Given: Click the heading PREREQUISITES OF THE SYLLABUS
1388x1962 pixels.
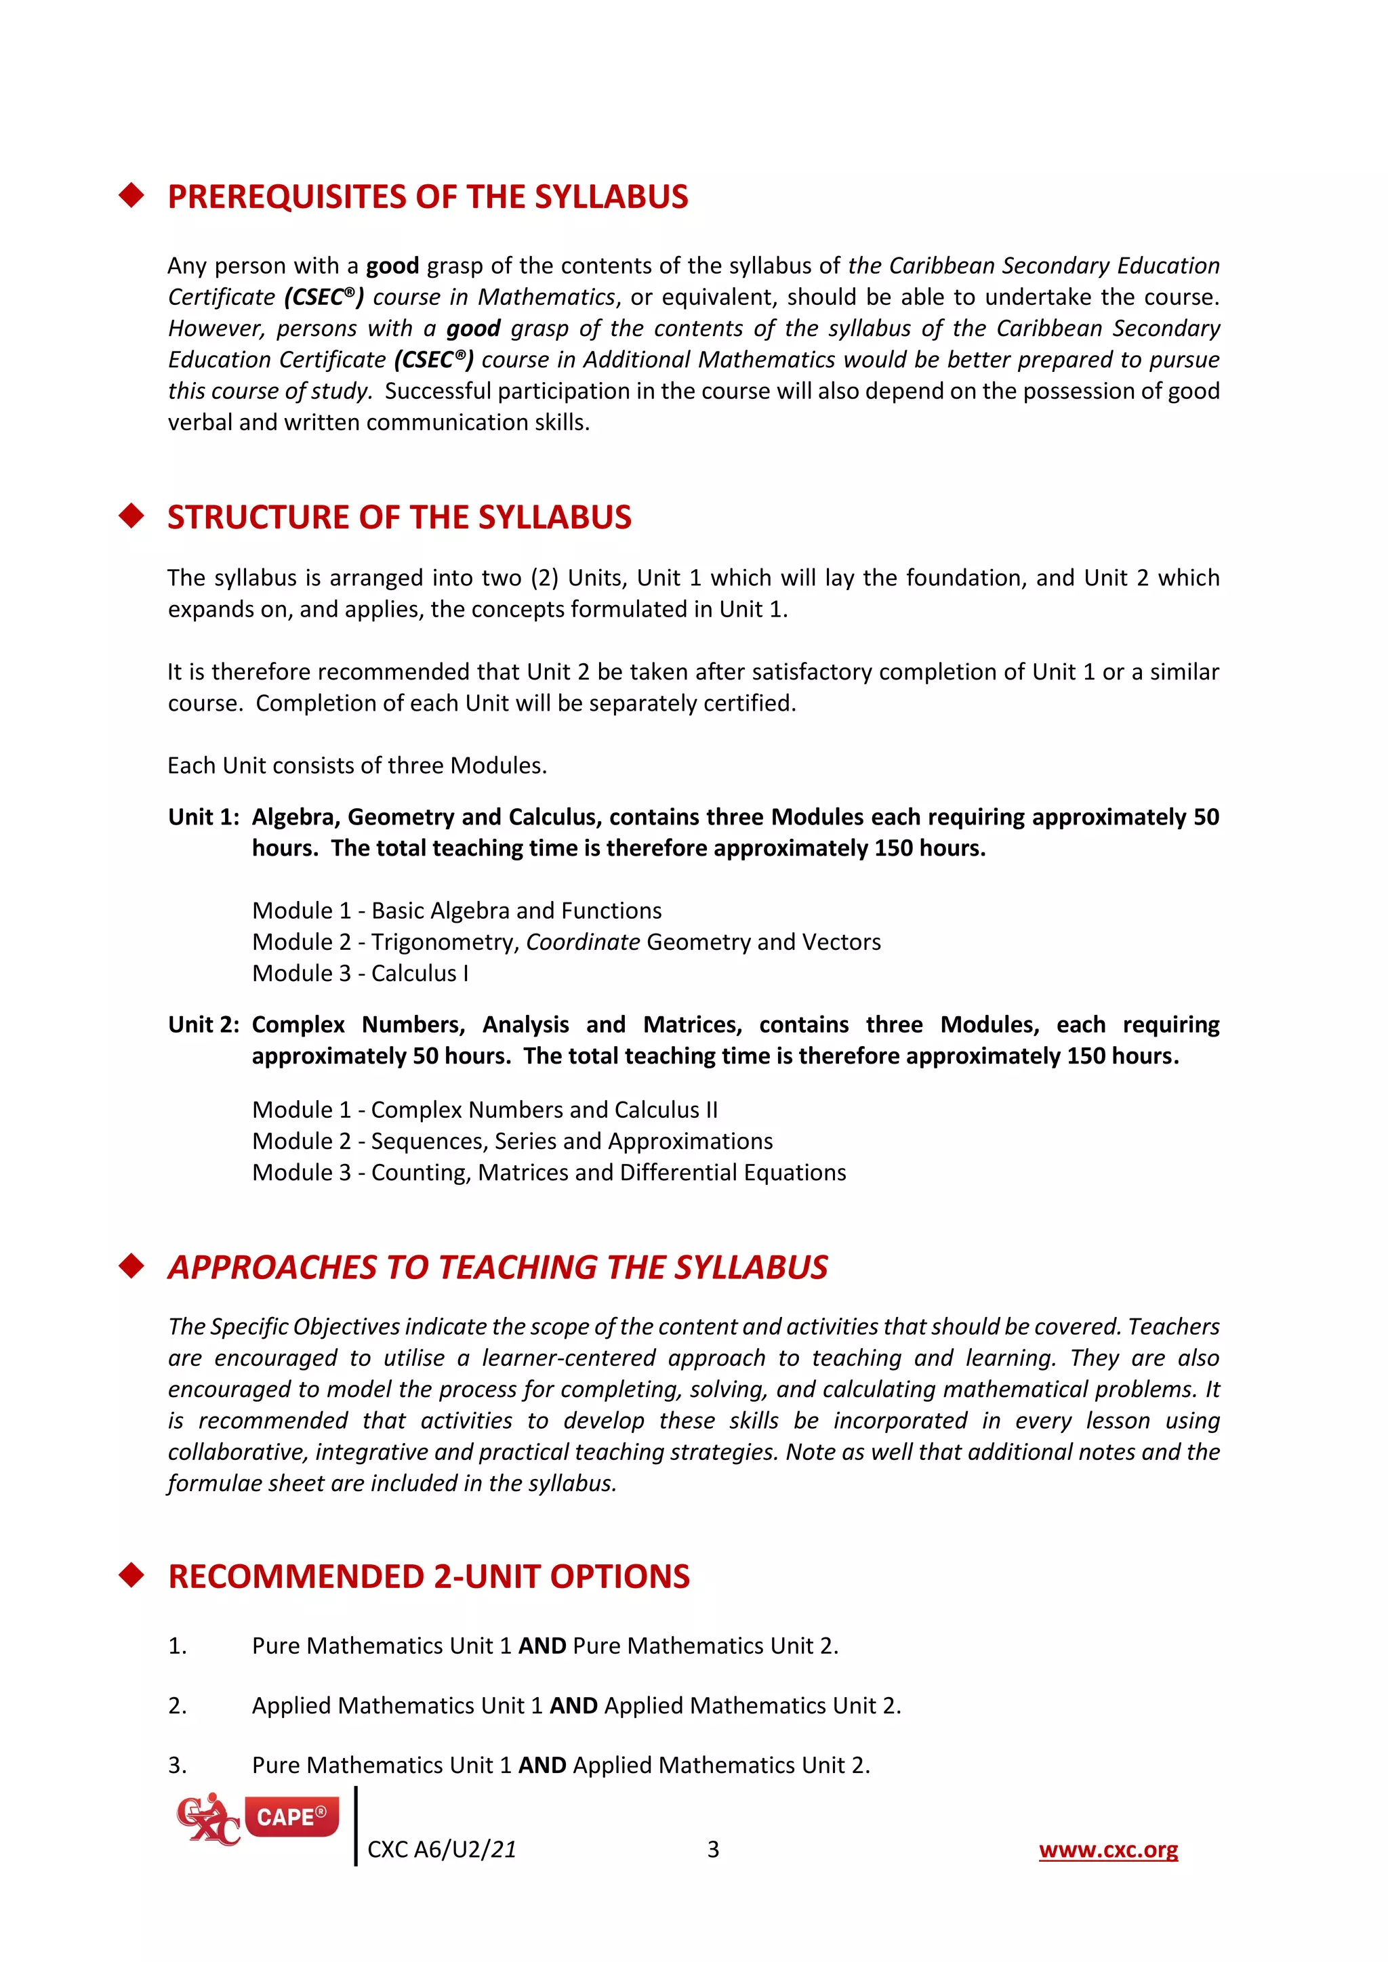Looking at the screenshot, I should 428,196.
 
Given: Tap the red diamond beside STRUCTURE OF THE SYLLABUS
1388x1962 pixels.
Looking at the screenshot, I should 131,516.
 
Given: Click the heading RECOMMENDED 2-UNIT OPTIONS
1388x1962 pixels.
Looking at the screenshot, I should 428,1576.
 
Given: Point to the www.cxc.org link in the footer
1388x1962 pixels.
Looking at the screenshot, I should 1107,1850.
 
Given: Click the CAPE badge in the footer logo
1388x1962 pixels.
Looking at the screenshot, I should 291,1817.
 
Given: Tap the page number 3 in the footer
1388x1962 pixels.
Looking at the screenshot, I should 713,1850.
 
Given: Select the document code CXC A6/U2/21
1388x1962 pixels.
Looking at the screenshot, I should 441,1850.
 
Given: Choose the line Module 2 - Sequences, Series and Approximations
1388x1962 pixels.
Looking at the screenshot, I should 512,1141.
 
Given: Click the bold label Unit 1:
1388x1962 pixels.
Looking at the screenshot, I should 203,817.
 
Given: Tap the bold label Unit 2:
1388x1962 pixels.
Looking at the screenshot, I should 203,1024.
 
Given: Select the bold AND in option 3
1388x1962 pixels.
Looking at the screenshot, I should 542,1765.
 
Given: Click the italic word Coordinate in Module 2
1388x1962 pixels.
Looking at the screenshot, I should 582,942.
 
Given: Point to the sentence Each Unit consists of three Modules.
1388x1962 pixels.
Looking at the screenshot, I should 356,765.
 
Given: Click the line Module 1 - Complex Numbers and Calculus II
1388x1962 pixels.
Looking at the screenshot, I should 485,1109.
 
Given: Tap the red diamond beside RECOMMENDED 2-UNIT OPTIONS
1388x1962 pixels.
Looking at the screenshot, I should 131,1575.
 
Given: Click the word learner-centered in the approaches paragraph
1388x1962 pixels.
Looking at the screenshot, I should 569,1358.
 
